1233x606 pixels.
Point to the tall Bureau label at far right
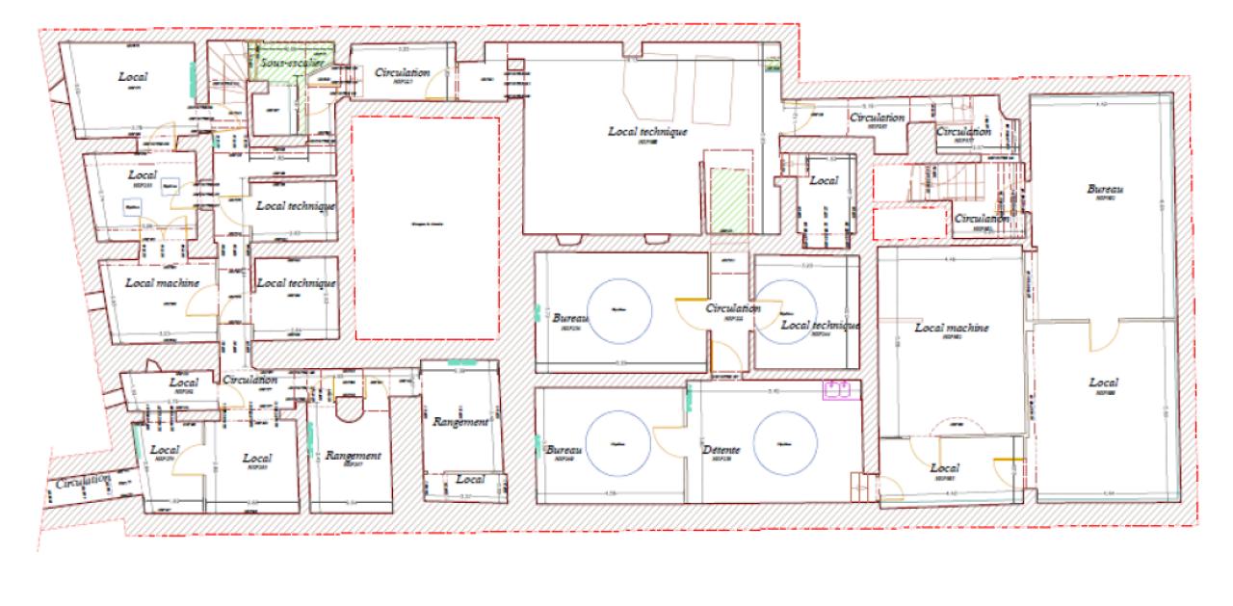(x=1104, y=190)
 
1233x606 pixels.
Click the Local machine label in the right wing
(x=952, y=329)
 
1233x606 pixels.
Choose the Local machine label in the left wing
(x=162, y=283)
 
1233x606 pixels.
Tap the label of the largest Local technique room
(x=647, y=131)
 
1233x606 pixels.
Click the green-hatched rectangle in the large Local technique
(x=729, y=198)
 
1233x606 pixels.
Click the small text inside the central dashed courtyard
(x=425, y=225)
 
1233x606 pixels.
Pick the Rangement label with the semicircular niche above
(x=354, y=456)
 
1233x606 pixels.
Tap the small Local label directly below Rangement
(x=470, y=479)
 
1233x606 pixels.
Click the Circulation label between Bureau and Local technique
(x=733, y=309)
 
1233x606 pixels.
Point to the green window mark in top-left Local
(x=194, y=74)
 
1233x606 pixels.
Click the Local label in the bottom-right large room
(x=1104, y=383)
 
